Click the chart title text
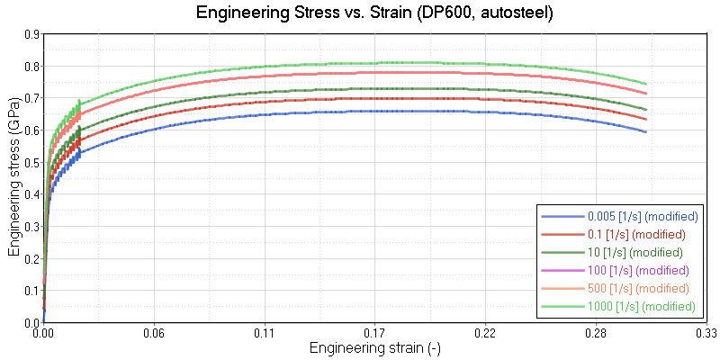click(360, 13)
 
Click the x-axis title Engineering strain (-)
click(374, 347)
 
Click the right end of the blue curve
click(646, 131)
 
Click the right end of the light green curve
click(646, 84)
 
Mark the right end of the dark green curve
click(646, 109)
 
